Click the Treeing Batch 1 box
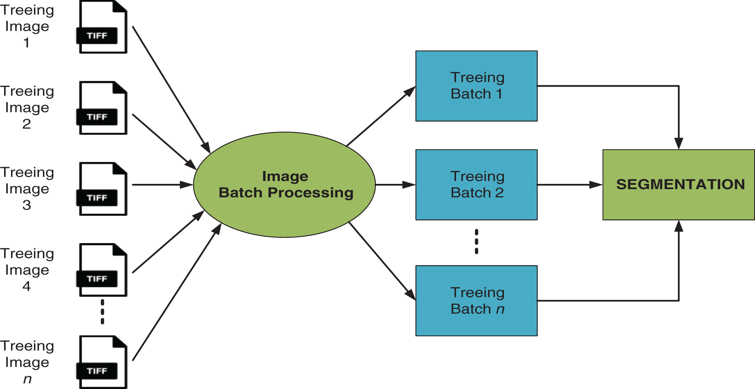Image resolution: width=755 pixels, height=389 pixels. point(476,86)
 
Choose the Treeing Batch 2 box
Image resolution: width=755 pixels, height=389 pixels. point(476,185)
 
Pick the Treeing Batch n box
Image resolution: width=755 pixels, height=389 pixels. point(476,301)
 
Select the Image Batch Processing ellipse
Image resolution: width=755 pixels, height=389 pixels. point(284,185)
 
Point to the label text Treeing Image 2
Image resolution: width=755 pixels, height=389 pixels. point(27,107)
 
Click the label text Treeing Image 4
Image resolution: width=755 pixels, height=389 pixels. point(27,270)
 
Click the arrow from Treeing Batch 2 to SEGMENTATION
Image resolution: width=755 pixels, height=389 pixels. point(568,185)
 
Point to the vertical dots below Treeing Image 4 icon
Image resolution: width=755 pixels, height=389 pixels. point(102,312)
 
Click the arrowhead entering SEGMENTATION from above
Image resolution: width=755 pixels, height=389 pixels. point(679,143)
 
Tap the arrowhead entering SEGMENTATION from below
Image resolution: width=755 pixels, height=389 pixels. point(679,226)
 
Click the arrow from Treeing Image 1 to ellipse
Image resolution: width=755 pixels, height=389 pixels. point(170,88)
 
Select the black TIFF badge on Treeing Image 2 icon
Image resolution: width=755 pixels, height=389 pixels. point(97,117)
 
